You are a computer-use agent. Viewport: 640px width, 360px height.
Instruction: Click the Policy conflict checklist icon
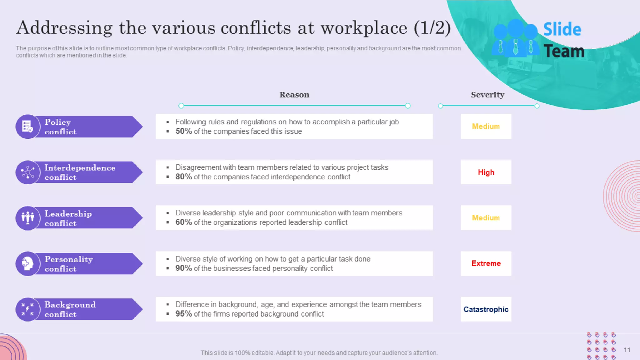[27, 127]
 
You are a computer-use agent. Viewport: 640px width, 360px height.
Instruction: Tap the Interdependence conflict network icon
[27, 172]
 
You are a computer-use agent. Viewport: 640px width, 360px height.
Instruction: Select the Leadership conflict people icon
[27, 218]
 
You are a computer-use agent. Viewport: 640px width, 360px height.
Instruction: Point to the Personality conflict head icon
[27, 263]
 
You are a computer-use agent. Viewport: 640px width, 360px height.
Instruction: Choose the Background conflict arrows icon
[27, 309]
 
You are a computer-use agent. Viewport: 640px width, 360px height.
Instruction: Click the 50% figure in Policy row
[183, 131]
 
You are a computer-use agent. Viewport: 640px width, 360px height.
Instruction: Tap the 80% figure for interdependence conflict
[183, 177]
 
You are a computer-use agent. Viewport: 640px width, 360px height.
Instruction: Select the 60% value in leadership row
[183, 222]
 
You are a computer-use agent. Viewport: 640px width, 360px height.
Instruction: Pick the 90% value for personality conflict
[183, 268]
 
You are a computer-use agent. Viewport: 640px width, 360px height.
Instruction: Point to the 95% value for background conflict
[183, 314]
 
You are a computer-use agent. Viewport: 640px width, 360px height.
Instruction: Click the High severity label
[486, 172]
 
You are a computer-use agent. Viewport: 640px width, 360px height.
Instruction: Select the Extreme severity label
[486, 263]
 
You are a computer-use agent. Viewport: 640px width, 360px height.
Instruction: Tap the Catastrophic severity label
[486, 309]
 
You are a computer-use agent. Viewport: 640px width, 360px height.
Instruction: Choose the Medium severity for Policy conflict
[486, 126]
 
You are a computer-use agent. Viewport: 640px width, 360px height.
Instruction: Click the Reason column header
[294, 95]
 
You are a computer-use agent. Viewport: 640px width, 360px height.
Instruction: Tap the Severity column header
[487, 95]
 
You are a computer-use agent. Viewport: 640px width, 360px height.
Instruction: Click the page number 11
[627, 350]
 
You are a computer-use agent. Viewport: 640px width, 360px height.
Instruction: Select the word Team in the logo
[564, 51]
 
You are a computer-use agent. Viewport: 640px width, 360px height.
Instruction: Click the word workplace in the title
[364, 28]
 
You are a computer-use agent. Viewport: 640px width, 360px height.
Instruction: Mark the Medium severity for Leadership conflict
[486, 218]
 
